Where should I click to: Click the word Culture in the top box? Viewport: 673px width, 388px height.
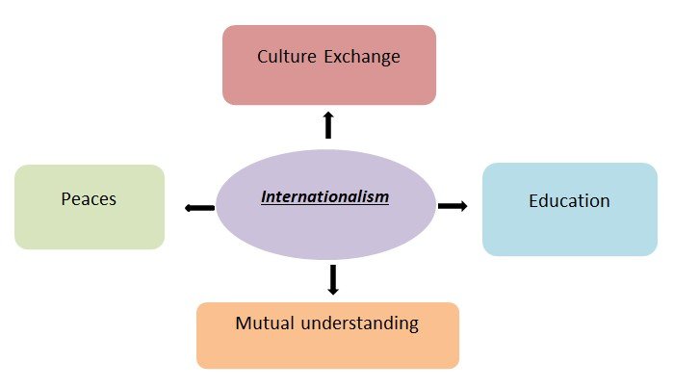click(x=285, y=57)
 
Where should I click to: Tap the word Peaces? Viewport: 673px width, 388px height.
click(x=88, y=199)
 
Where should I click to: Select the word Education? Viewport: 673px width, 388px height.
click(x=569, y=201)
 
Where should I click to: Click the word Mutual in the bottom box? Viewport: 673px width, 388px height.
click(x=263, y=323)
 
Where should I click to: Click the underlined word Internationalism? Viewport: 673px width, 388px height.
click(x=324, y=197)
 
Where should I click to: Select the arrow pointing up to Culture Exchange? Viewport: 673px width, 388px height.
click(x=328, y=124)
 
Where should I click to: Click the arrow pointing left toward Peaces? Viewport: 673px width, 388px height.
click(x=199, y=207)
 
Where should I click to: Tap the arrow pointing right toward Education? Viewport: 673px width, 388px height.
click(x=453, y=205)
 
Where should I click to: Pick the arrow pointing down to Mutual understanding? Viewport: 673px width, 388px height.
click(x=333, y=278)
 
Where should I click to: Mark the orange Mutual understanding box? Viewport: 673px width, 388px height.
click(x=327, y=349)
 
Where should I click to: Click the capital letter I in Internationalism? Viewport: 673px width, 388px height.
click(x=264, y=197)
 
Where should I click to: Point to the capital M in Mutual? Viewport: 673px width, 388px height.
click(x=243, y=323)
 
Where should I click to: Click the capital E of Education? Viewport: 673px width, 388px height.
click(x=533, y=201)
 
